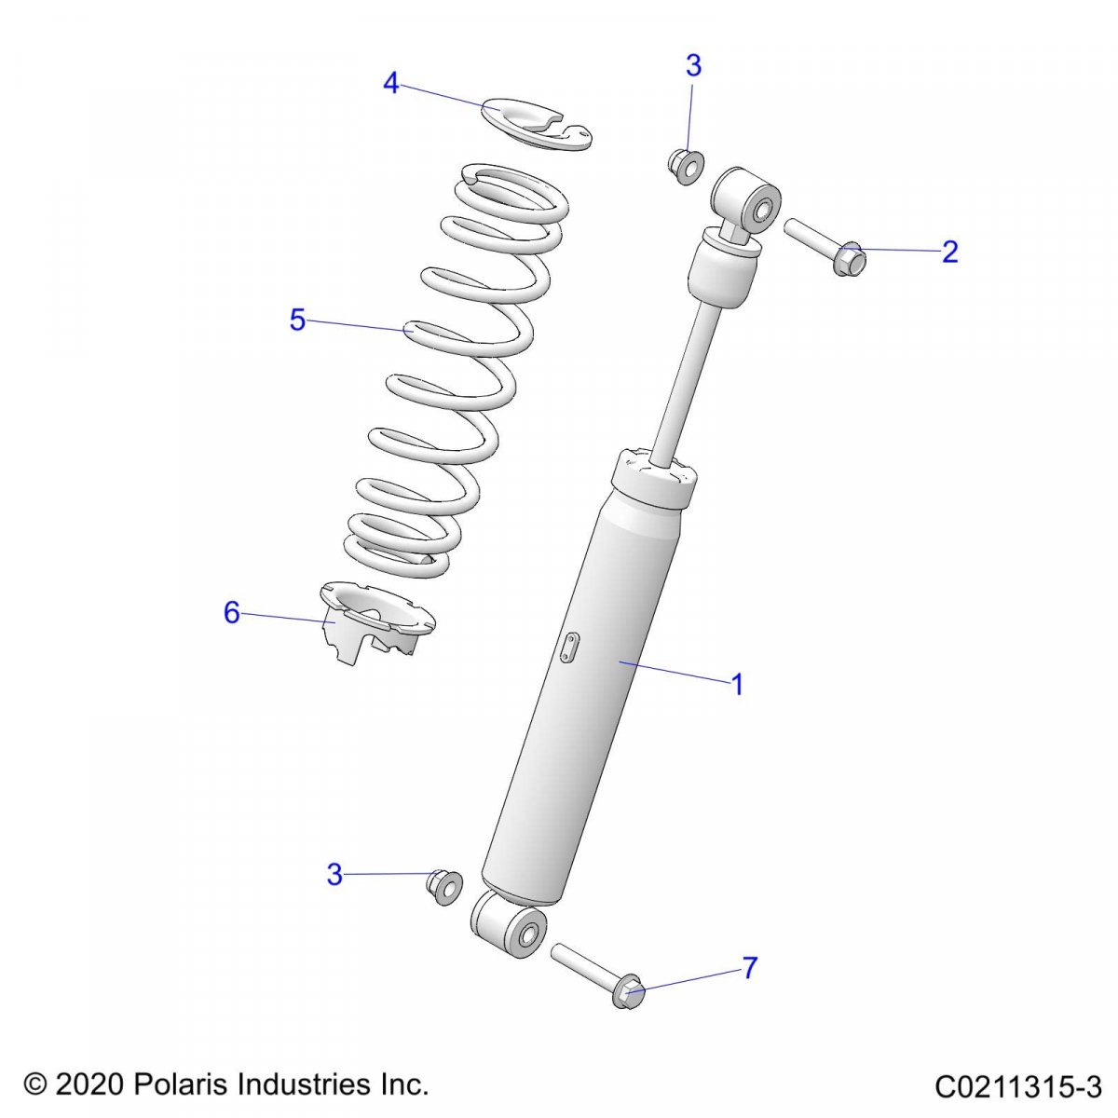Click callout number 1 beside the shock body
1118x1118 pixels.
pos(737,685)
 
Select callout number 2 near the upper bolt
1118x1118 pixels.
pos(949,252)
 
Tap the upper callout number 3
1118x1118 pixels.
pos(693,65)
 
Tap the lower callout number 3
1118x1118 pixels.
pos(334,891)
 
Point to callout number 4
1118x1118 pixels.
pos(391,83)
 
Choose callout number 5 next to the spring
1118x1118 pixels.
pos(297,320)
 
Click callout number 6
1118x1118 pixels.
pos(231,613)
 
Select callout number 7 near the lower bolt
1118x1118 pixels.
pos(750,967)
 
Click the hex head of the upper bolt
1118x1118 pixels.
pos(848,259)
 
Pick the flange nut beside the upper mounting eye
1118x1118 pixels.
pos(686,167)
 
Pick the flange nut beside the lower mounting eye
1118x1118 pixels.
pos(443,903)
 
